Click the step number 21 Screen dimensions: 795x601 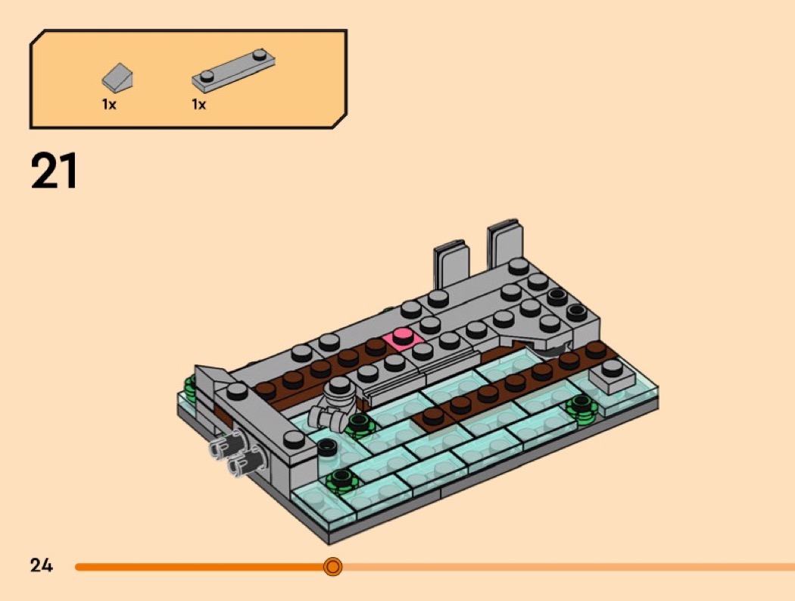(x=55, y=171)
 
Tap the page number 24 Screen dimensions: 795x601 (x=42, y=565)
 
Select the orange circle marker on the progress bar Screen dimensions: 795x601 (x=332, y=566)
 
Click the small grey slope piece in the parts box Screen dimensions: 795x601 (x=117, y=77)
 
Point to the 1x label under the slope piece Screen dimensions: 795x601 (x=109, y=105)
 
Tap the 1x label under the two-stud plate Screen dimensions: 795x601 (x=198, y=105)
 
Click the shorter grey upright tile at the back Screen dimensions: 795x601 (x=450, y=264)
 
